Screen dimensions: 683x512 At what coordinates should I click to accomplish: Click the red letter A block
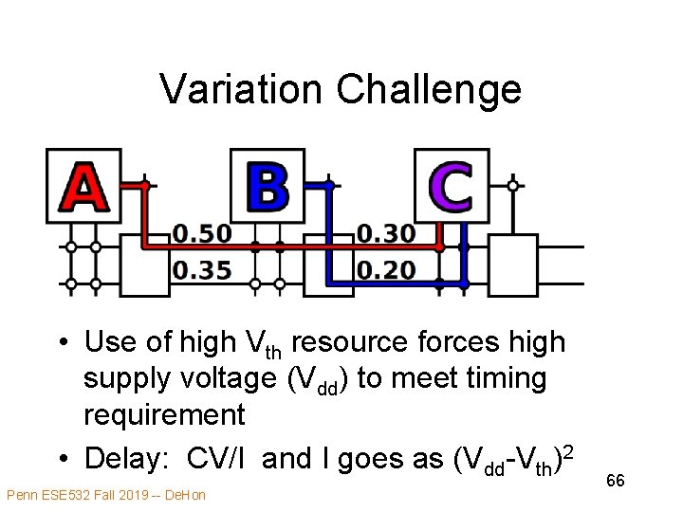click(x=83, y=186)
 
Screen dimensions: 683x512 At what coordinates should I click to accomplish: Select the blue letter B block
click(x=268, y=186)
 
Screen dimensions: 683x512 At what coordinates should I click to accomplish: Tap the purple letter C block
click(x=451, y=186)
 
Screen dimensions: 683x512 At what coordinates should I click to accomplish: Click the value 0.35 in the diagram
click(x=202, y=270)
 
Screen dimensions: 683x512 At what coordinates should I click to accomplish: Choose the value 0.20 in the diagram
click(x=386, y=270)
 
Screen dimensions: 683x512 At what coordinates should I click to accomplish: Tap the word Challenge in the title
click(x=428, y=89)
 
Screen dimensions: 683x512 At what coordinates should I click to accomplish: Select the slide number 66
click(x=616, y=482)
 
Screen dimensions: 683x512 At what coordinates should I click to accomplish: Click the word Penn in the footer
click(x=22, y=495)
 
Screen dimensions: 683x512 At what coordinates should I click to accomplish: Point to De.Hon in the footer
click(x=187, y=495)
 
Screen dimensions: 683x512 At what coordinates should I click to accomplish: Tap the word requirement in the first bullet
click(x=163, y=415)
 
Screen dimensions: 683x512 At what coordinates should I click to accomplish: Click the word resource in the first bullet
click(x=369, y=341)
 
